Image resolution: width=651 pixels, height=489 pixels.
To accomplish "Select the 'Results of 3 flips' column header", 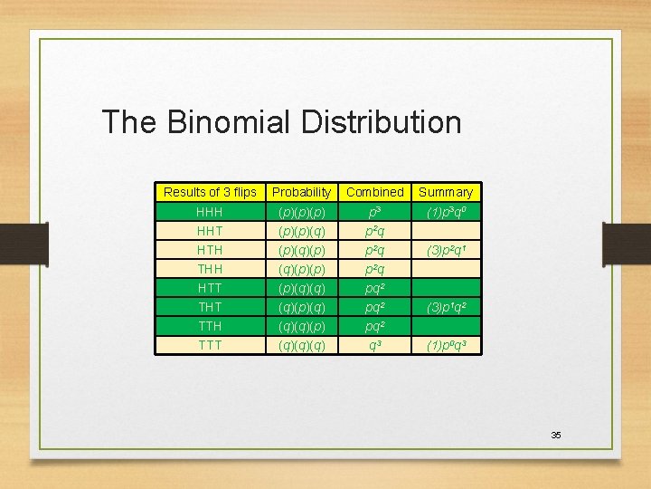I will (x=210, y=192).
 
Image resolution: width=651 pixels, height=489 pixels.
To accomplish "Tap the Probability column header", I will (x=301, y=192).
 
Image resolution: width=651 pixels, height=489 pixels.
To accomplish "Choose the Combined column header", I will (x=374, y=192).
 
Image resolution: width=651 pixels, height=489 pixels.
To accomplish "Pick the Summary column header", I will (x=445, y=192).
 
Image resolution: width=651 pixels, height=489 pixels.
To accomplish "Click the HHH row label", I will (x=210, y=212).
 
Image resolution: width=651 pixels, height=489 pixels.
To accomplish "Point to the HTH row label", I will (x=210, y=250).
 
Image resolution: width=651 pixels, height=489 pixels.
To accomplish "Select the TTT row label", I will (x=210, y=345).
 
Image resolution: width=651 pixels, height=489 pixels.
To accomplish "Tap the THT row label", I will (x=210, y=307).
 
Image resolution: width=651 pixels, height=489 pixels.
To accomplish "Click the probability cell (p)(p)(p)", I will (x=301, y=212).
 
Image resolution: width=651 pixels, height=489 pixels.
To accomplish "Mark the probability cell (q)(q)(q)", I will (x=301, y=345).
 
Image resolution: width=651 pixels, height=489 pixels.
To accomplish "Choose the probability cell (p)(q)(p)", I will (x=301, y=250).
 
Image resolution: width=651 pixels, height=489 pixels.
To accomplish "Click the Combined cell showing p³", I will (x=374, y=212).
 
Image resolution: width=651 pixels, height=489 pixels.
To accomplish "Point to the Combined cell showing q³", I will (x=374, y=345).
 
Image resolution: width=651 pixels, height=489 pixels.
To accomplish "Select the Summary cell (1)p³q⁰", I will (x=445, y=212).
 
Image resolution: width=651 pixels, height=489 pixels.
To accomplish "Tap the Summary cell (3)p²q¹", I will (x=445, y=250).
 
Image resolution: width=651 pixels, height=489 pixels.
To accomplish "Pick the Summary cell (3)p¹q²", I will (x=445, y=307).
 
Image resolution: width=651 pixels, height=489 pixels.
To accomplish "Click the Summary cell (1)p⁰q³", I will (x=445, y=345).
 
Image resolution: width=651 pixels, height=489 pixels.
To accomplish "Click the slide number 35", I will (x=556, y=436).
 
